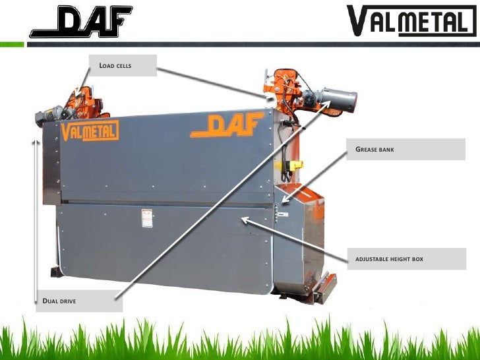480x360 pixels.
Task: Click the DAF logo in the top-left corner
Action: point(80,21)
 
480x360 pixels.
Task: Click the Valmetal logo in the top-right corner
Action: point(410,21)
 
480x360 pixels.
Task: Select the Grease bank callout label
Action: point(405,150)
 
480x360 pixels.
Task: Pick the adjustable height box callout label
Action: point(405,259)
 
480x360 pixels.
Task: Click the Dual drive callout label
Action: point(78,301)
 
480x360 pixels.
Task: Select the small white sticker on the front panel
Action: point(146,218)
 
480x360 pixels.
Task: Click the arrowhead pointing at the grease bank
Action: point(282,200)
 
